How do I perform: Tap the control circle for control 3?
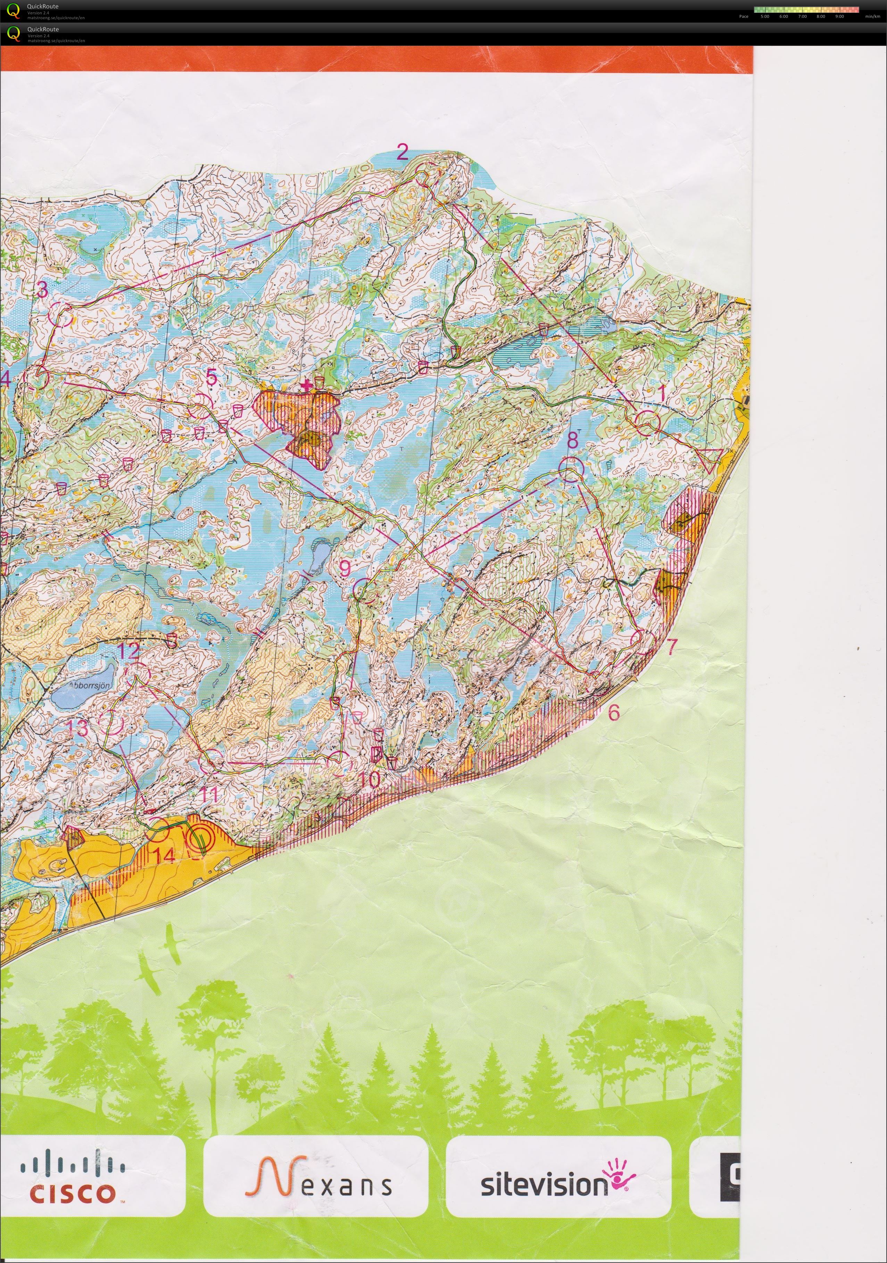[61, 315]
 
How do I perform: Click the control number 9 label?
[345, 568]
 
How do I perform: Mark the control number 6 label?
[614, 713]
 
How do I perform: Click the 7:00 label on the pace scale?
[802, 16]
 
